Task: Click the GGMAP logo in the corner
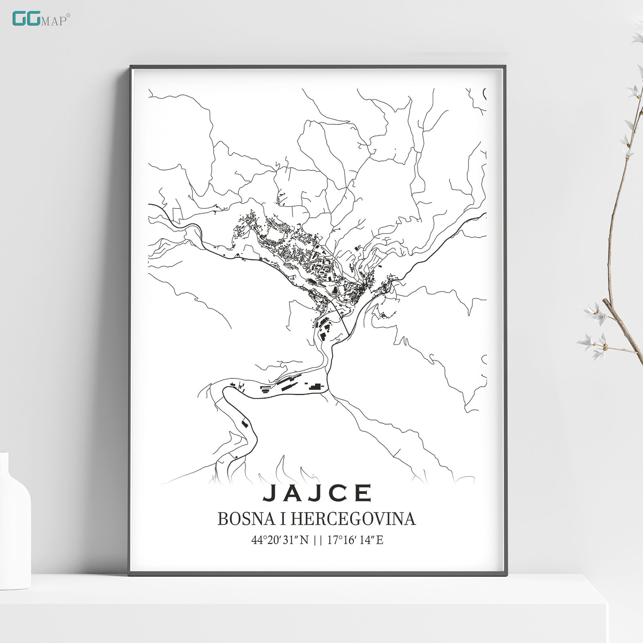(x=40, y=19)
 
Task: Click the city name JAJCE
(x=317, y=493)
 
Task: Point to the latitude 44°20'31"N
(x=280, y=540)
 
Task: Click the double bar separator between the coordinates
(x=318, y=540)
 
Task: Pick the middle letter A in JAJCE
(x=293, y=493)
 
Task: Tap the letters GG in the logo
(x=26, y=19)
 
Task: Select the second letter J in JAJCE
(x=317, y=493)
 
